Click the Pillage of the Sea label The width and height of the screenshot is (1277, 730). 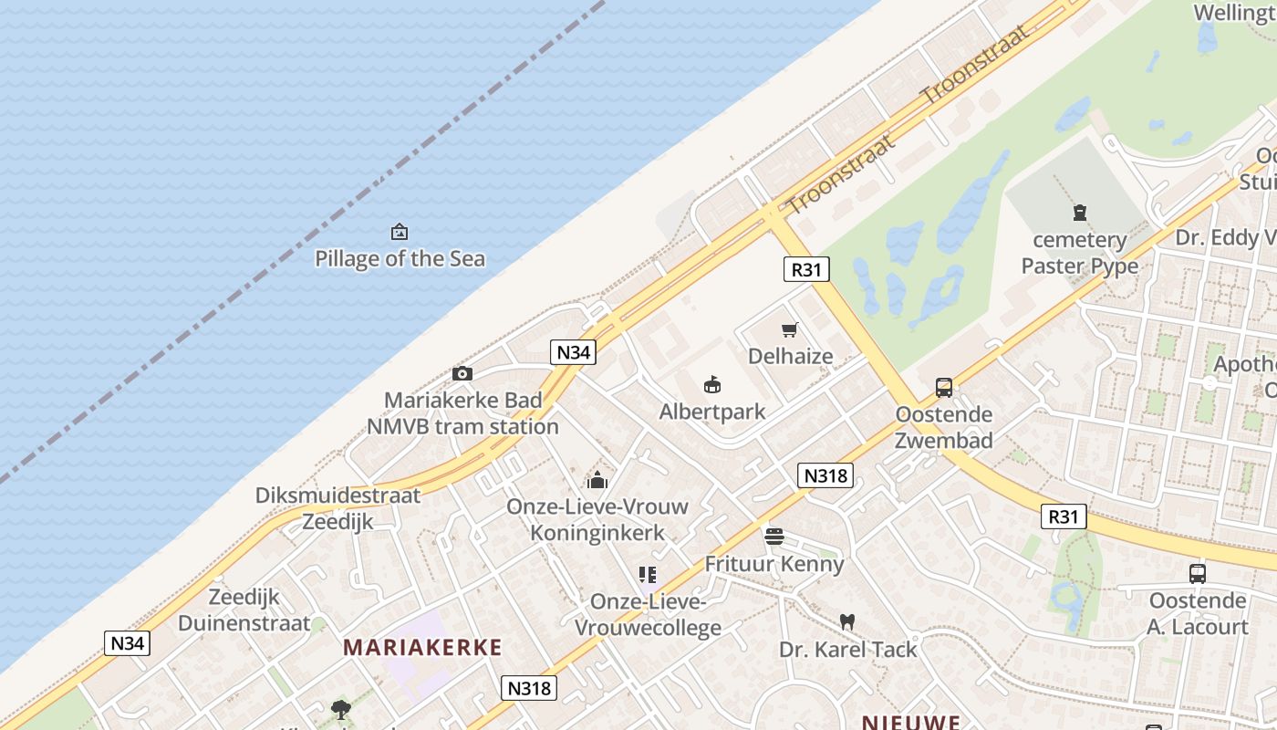coord(400,258)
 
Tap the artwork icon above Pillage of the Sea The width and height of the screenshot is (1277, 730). coord(399,232)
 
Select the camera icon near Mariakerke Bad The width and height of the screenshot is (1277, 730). coord(462,373)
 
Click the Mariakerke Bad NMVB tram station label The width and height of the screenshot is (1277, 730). coord(462,413)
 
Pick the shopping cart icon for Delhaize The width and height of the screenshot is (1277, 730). coord(790,329)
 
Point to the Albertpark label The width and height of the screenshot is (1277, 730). coord(712,412)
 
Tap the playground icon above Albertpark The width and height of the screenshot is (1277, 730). coord(712,385)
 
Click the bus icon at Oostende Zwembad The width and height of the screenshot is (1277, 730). coord(944,388)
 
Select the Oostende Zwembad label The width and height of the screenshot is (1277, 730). coord(944,427)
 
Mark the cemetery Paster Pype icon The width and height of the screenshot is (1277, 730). coord(1080,214)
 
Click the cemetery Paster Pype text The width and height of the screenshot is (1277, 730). coord(1080,253)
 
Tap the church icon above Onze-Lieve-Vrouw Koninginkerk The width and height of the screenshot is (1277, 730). coord(597,480)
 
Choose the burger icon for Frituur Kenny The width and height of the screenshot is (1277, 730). coord(774,537)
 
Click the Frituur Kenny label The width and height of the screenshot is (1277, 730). coord(774,564)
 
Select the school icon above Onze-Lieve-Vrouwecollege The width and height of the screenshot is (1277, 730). coord(648,575)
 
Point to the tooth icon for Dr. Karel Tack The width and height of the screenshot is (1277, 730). coord(847,622)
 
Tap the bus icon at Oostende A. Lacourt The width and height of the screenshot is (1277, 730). coord(1198,574)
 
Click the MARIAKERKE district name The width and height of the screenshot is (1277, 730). coord(422,648)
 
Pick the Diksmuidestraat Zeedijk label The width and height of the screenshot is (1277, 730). coord(337,508)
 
